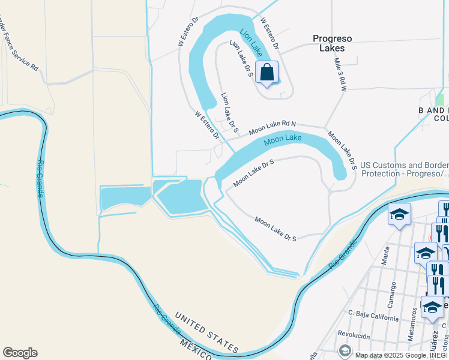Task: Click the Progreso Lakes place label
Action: [333, 43]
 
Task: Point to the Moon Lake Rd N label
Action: [273, 127]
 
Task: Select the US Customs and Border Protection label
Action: [403, 169]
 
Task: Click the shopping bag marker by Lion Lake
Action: [267, 73]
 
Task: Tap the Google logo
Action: [20, 353]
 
